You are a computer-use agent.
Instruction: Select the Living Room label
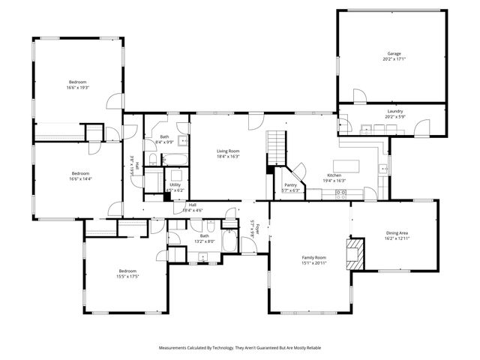(228, 151)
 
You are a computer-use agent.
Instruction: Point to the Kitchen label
(333, 175)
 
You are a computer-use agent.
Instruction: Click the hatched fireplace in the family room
(354, 253)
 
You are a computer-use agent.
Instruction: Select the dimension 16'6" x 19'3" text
(78, 88)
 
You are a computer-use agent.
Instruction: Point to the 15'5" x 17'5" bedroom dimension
(128, 276)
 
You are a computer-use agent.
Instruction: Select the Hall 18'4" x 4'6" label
(193, 208)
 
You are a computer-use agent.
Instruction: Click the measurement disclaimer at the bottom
(239, 348)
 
